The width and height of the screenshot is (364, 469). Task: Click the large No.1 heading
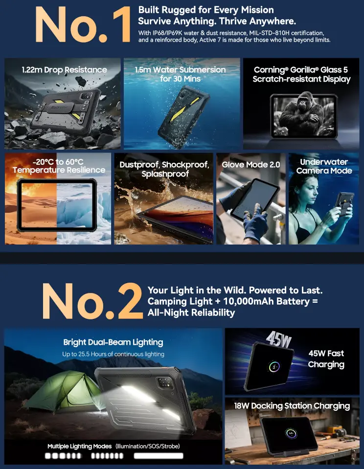(x=83, y=24)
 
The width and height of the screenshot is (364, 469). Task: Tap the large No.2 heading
(x=92, y=301)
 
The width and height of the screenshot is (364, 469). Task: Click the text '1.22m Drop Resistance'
(x=65, y=70)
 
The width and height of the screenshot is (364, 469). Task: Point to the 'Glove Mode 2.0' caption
(x=251, y=164)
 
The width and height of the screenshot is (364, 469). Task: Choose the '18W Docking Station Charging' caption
(x=292, y=406)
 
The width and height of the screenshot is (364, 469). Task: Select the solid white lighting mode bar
(x=159, y=455)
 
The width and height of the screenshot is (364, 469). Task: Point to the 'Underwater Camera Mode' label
(x=324, y=166)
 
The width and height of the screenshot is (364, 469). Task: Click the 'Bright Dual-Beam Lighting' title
(x=113, y=342)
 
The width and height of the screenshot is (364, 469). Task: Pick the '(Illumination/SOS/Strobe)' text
(x=148, y=447)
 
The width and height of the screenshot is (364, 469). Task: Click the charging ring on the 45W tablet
(x=274, y=366)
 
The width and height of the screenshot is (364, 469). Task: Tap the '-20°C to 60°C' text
(x=58, y=162)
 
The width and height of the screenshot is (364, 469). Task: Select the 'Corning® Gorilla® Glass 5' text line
(x=301, y=70)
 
